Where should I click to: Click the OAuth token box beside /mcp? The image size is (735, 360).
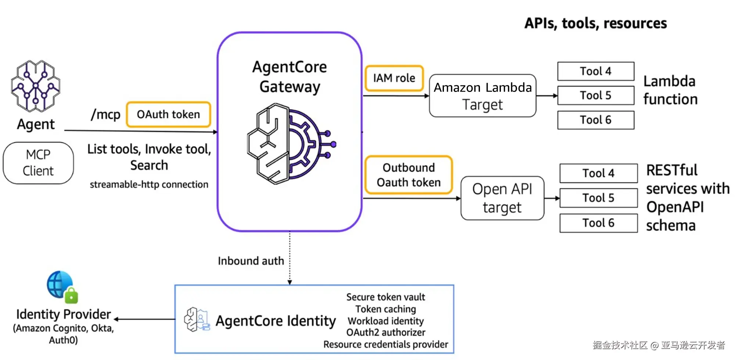click(x=168, y=114)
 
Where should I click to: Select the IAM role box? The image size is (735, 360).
click(x=394, y=78)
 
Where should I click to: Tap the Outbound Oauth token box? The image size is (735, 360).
click(x=408, y=175)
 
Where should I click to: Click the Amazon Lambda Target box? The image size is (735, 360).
click(x=483, y=96)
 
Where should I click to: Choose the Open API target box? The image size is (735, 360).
click(x=502, y=198)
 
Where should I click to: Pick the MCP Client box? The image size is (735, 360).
click(x=38, y=163)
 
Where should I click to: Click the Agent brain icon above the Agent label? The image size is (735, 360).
click(x=36, y=86)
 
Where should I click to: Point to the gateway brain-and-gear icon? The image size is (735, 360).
click(x=290, y=144)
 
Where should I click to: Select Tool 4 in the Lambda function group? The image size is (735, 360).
click(x=595, y=71)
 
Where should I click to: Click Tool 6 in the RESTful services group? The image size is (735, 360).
click(x=598, y=223)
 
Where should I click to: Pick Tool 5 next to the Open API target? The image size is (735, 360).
click(x=598, y=198)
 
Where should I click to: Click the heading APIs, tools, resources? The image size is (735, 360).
click(x=595, y=23)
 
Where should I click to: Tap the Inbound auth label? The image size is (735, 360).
click(x=251, y=261)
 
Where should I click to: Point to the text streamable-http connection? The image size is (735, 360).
click(x=149, y=184)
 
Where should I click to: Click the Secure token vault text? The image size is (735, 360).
click(x=386, y=297)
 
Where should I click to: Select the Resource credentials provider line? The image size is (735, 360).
click(x=386, y=344)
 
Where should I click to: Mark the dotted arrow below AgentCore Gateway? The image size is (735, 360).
click(x=290, y=257)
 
